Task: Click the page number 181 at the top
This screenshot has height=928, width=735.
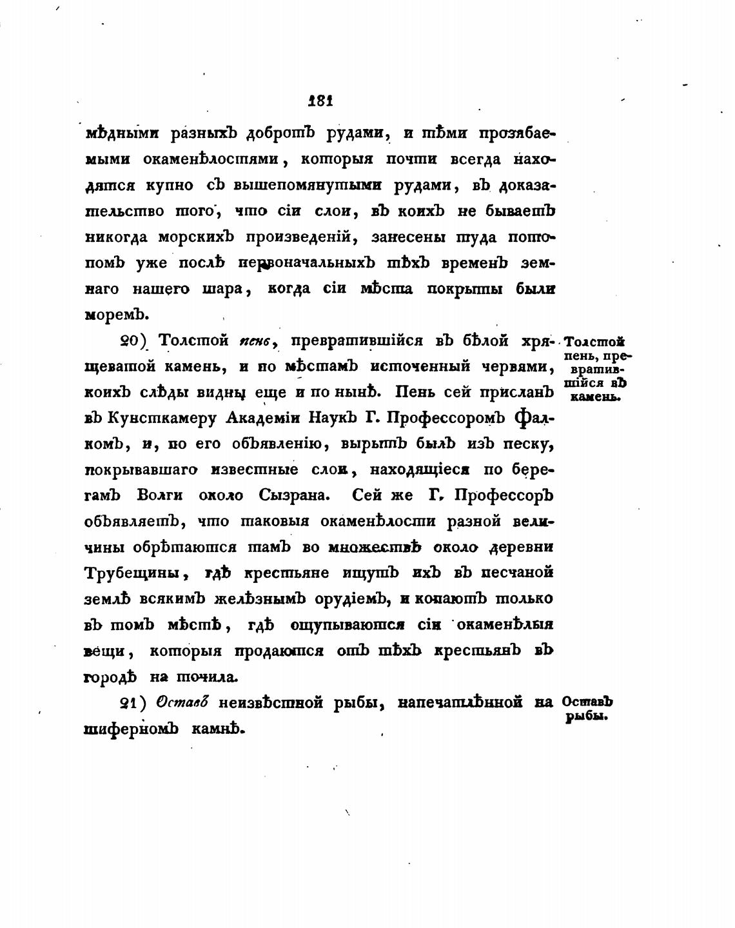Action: [x=320, y=101]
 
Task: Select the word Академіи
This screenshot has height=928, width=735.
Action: [x=257, y=418]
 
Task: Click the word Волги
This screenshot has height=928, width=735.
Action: [x=161, y=495]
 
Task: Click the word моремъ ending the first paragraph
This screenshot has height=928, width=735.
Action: [x=117, y=315]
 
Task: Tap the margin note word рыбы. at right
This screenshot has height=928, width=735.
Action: [x=587, y=716]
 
